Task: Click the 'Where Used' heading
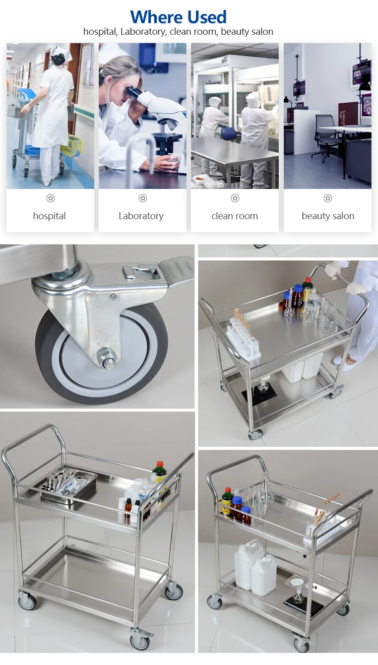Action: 178,17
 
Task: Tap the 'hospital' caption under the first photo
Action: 49,216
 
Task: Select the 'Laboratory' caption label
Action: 141,216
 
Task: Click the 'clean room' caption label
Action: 234,216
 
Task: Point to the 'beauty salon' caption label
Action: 328,216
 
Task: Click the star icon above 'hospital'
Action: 50,198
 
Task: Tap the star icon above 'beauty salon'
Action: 328,198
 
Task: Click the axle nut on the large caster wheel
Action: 108,359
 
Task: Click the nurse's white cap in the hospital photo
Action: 61,52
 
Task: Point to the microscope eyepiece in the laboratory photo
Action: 134,92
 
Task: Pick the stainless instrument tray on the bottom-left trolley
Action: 69,485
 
